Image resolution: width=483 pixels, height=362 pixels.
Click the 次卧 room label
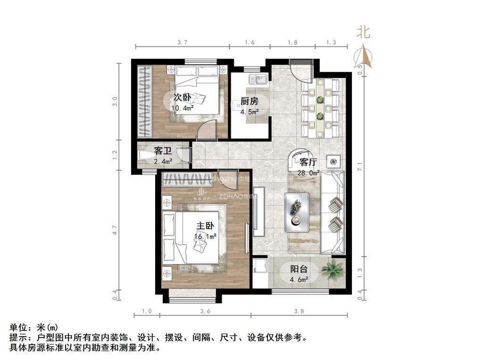click(182, 98)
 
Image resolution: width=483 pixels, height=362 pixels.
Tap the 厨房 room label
click(250, 101)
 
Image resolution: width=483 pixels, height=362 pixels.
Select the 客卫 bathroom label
click(163, 151)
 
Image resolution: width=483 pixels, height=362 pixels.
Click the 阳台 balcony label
click(299, 270)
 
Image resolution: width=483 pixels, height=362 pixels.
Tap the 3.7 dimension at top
click(183, 42)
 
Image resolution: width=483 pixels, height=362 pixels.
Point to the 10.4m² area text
click(183, 108)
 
